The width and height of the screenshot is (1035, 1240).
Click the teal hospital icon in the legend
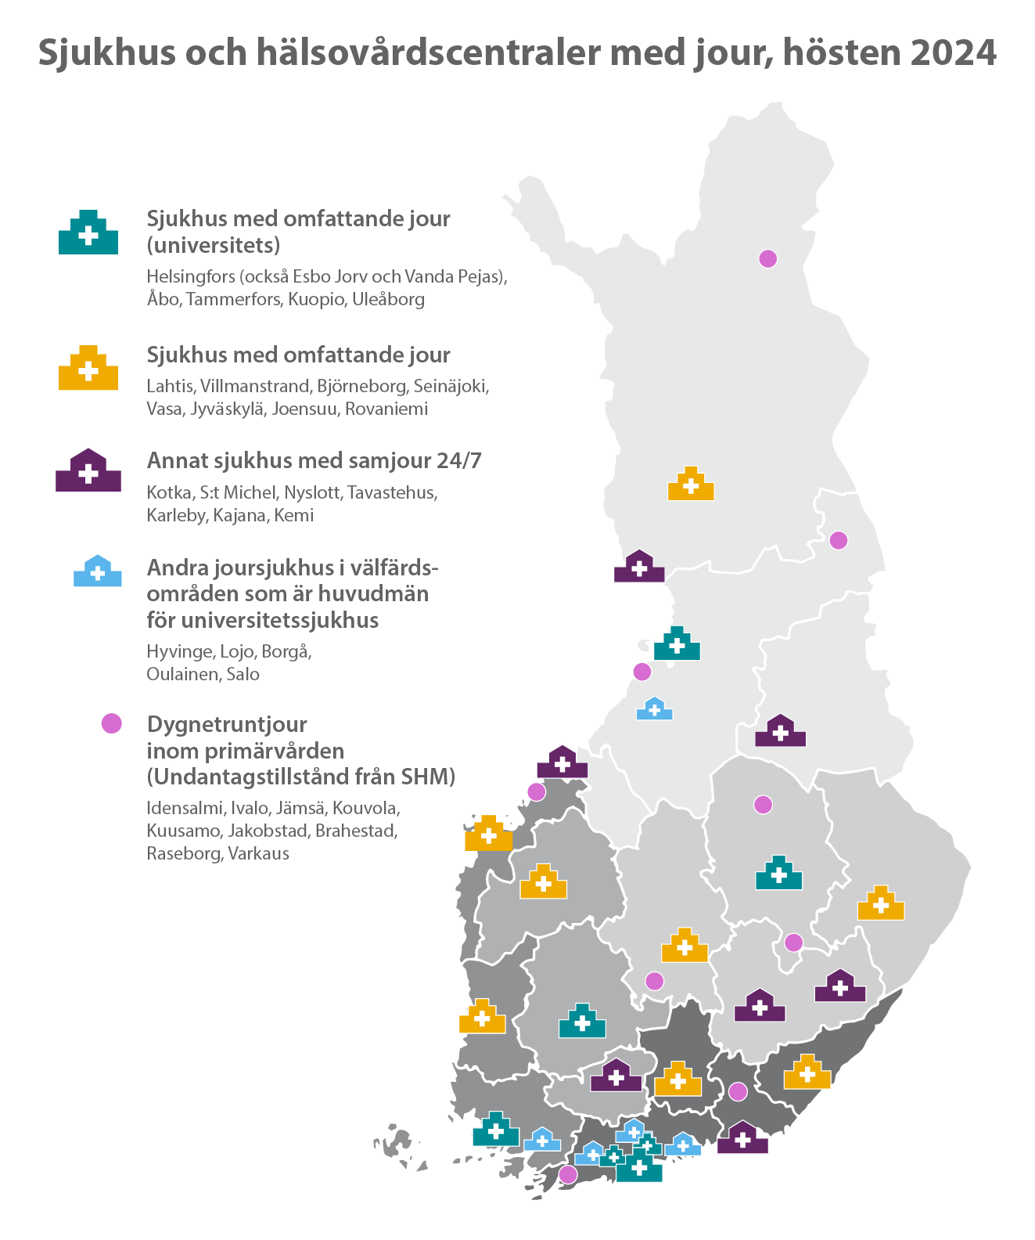[88, 232]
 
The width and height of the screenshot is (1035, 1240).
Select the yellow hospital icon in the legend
[88, 368]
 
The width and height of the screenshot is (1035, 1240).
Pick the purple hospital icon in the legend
[88, 471]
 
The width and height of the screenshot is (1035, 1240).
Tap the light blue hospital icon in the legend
[98, 571]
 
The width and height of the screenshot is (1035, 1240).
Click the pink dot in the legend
[112, 723]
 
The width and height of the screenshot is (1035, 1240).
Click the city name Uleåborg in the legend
[388, 299]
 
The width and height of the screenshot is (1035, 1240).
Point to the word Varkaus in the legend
[258, 853]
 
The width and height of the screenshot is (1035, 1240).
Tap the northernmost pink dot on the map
[767, 258]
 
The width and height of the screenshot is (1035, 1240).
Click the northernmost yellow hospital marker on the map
[691, 484]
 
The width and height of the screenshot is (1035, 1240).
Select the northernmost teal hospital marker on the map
[677, 644]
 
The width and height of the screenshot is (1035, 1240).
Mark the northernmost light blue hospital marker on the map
[655, 709]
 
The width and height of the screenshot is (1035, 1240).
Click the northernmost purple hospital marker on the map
[639, 567]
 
